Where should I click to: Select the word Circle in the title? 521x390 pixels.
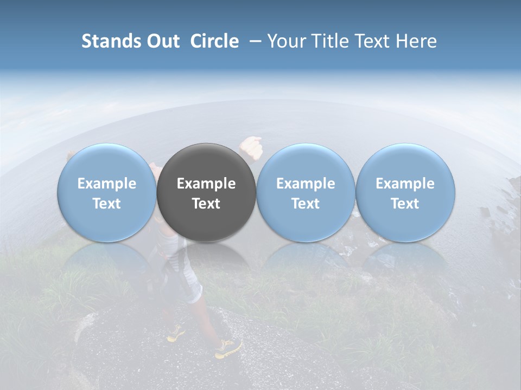[214, 41]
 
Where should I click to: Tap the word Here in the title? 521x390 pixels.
[417, 41]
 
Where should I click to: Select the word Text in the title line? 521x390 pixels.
[371, 41]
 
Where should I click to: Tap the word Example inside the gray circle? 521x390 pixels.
[206, 184]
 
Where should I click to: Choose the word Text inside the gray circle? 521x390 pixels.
[206, 204]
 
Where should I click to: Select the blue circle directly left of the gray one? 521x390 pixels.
[106, 192]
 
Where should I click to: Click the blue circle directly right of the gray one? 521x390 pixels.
[306, 192]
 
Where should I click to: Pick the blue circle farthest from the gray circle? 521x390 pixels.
[405, 192]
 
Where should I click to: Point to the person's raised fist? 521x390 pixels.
[251, 146]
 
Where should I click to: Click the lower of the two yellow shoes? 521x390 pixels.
[228, 348]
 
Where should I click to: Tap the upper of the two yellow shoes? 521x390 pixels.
[176, 334]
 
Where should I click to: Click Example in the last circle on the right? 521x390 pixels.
[405, 184]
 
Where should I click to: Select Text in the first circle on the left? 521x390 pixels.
[106, 204]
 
